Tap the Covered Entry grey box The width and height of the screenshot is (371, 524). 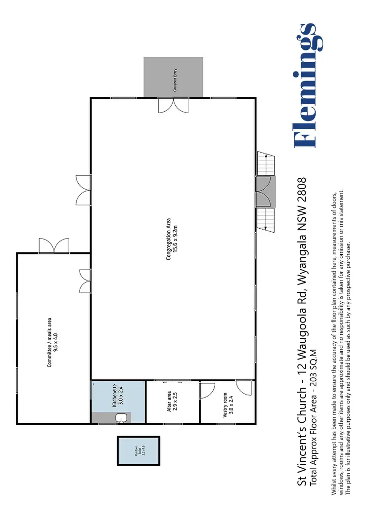click(173, 77)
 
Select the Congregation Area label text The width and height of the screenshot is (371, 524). click(168, 240)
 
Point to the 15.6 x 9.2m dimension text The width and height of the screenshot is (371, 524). click(175, 240)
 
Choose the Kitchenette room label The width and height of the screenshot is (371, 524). click(114, 395)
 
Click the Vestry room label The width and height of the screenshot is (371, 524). click(225, 405)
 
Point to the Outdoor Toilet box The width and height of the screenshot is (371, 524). click(139, 450)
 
